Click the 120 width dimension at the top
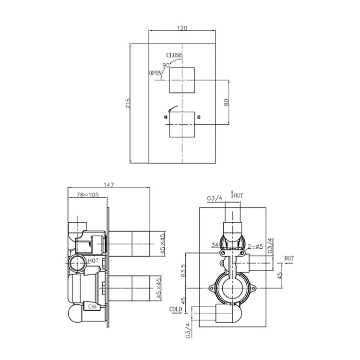click(x=182, y=28)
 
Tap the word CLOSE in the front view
click(x=174, y=55)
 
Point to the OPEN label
click(x=155, y=73)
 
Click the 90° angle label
click(x=166, y=65)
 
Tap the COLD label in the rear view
click(x=176, y=310)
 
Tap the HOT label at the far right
click(x=288, y=258)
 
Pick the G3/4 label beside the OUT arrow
click(x=215, y=198)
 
